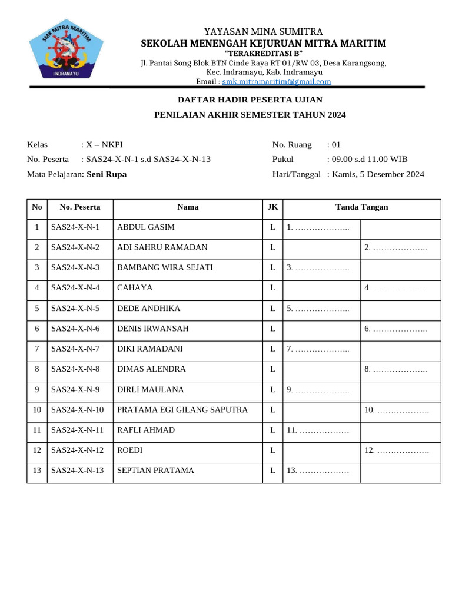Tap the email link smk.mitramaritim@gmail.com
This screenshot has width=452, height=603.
click(x=277, y=82)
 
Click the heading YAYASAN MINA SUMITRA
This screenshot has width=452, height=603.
click(x=263, y=31)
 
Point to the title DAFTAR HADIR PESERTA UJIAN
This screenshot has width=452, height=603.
click(x=250, y=100)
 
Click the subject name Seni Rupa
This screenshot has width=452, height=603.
click(x=107, y=174)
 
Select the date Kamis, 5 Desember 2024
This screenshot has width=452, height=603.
click(x=378, y=174)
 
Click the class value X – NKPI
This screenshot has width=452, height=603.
click(x=104, y=144)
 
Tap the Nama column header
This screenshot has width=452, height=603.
click(x=188, y=207)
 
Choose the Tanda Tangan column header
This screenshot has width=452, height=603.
click(x=361, y=207)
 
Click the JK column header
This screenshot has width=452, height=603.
click(x=272, y=207)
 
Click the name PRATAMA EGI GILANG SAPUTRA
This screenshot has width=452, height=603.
click(x=182, y=410)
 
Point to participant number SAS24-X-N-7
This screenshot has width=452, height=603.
click(x=75, y=349)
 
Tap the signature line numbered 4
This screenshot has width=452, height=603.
click(x=395, y=288)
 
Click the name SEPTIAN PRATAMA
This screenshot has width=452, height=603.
click(x=155, y=471)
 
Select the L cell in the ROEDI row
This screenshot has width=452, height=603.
click(x=272, y=450)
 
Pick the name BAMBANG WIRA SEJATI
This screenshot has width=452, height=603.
click(x=165, y=268)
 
